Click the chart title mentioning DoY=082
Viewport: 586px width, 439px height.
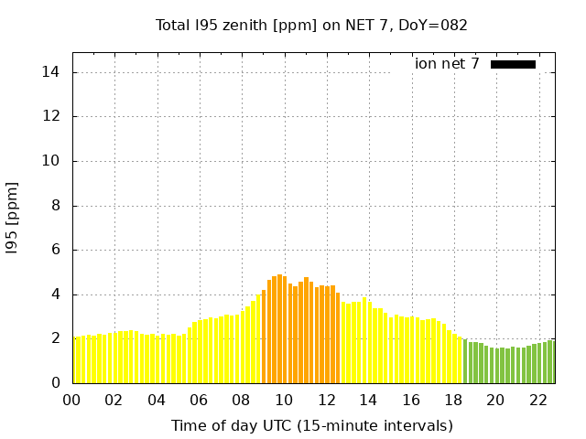[311, 25]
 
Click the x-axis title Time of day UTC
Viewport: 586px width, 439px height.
[311, 425]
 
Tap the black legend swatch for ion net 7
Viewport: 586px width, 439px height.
[513, 64]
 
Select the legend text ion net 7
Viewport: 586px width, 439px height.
[447, 64]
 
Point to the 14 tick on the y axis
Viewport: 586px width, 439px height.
[53, 72]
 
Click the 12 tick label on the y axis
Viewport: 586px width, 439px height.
[53, 117]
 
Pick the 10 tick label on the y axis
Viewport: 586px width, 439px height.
[53, 161]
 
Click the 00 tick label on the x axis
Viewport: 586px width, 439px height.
[72, 400]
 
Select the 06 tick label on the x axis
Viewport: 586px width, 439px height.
[199, 400]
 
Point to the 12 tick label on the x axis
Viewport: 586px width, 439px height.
[326, 400]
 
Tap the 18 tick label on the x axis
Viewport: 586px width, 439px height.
[452, 400]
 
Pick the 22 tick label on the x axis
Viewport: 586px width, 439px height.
[537, 400]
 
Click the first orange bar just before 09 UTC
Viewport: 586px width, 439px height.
[264, 338]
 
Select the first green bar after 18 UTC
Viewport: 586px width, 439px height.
[465, 362]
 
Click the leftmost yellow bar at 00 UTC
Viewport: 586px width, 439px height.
[75, 360]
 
